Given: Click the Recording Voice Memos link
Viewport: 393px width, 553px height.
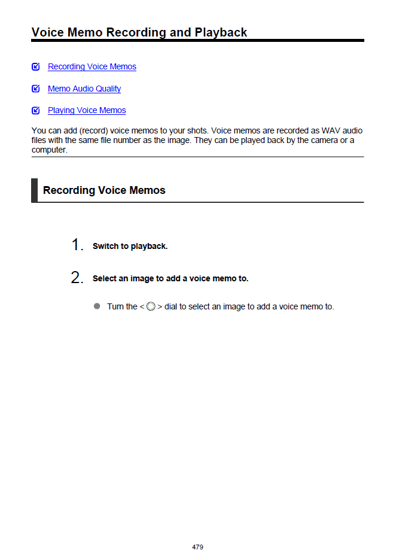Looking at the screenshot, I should pos(92,66).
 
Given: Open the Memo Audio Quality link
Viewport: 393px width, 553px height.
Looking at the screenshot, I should pos(84,89).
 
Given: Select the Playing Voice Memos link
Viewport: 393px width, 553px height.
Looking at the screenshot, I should pos(87,110).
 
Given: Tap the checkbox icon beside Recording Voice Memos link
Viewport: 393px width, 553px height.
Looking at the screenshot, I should pos(36,66).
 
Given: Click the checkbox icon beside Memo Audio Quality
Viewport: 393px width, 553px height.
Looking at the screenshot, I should pos(36,89).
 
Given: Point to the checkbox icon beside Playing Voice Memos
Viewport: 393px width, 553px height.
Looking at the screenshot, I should pos(36,110).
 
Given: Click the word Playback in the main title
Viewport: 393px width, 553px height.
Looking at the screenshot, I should pos(221,32).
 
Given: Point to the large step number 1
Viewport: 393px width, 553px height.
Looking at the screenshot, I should pos(77,245).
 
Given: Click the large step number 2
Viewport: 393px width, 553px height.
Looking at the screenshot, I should pos(77,278).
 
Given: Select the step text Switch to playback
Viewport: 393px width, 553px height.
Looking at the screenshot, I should pos(130,247).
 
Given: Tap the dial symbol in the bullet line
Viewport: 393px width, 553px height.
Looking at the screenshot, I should pos(151,307).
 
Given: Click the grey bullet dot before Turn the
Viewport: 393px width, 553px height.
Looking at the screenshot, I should pos(97,306).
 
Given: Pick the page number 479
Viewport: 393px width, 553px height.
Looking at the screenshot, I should pos(197,547).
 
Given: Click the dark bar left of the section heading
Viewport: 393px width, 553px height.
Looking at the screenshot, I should pos(34,190).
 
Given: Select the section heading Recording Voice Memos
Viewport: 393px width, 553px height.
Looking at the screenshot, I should pos(104,190).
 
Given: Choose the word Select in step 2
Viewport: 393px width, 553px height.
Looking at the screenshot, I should pos(105,279).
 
